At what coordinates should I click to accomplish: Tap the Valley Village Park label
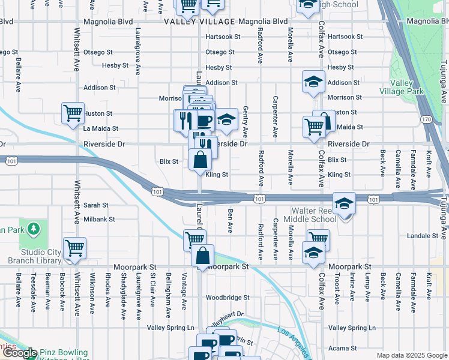(402, 88)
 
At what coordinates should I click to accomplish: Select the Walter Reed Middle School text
(314, 215)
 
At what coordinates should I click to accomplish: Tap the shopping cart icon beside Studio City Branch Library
(74, 247)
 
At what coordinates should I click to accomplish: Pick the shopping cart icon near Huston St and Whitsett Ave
(73, 113)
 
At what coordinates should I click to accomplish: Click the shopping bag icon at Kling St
(200, 160)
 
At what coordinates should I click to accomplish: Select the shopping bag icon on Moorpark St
(203, 256)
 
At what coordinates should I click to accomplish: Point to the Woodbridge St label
(228, 298)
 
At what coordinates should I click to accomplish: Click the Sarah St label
(95, 205)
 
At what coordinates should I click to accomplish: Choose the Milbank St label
(99, 220)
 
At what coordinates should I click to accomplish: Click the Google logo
(20, 353)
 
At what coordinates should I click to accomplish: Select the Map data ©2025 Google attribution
(411, 355)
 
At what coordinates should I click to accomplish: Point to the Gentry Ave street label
(246, 122)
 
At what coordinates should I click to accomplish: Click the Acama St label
(343, 348)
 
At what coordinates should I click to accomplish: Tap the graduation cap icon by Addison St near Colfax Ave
(313, 83)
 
